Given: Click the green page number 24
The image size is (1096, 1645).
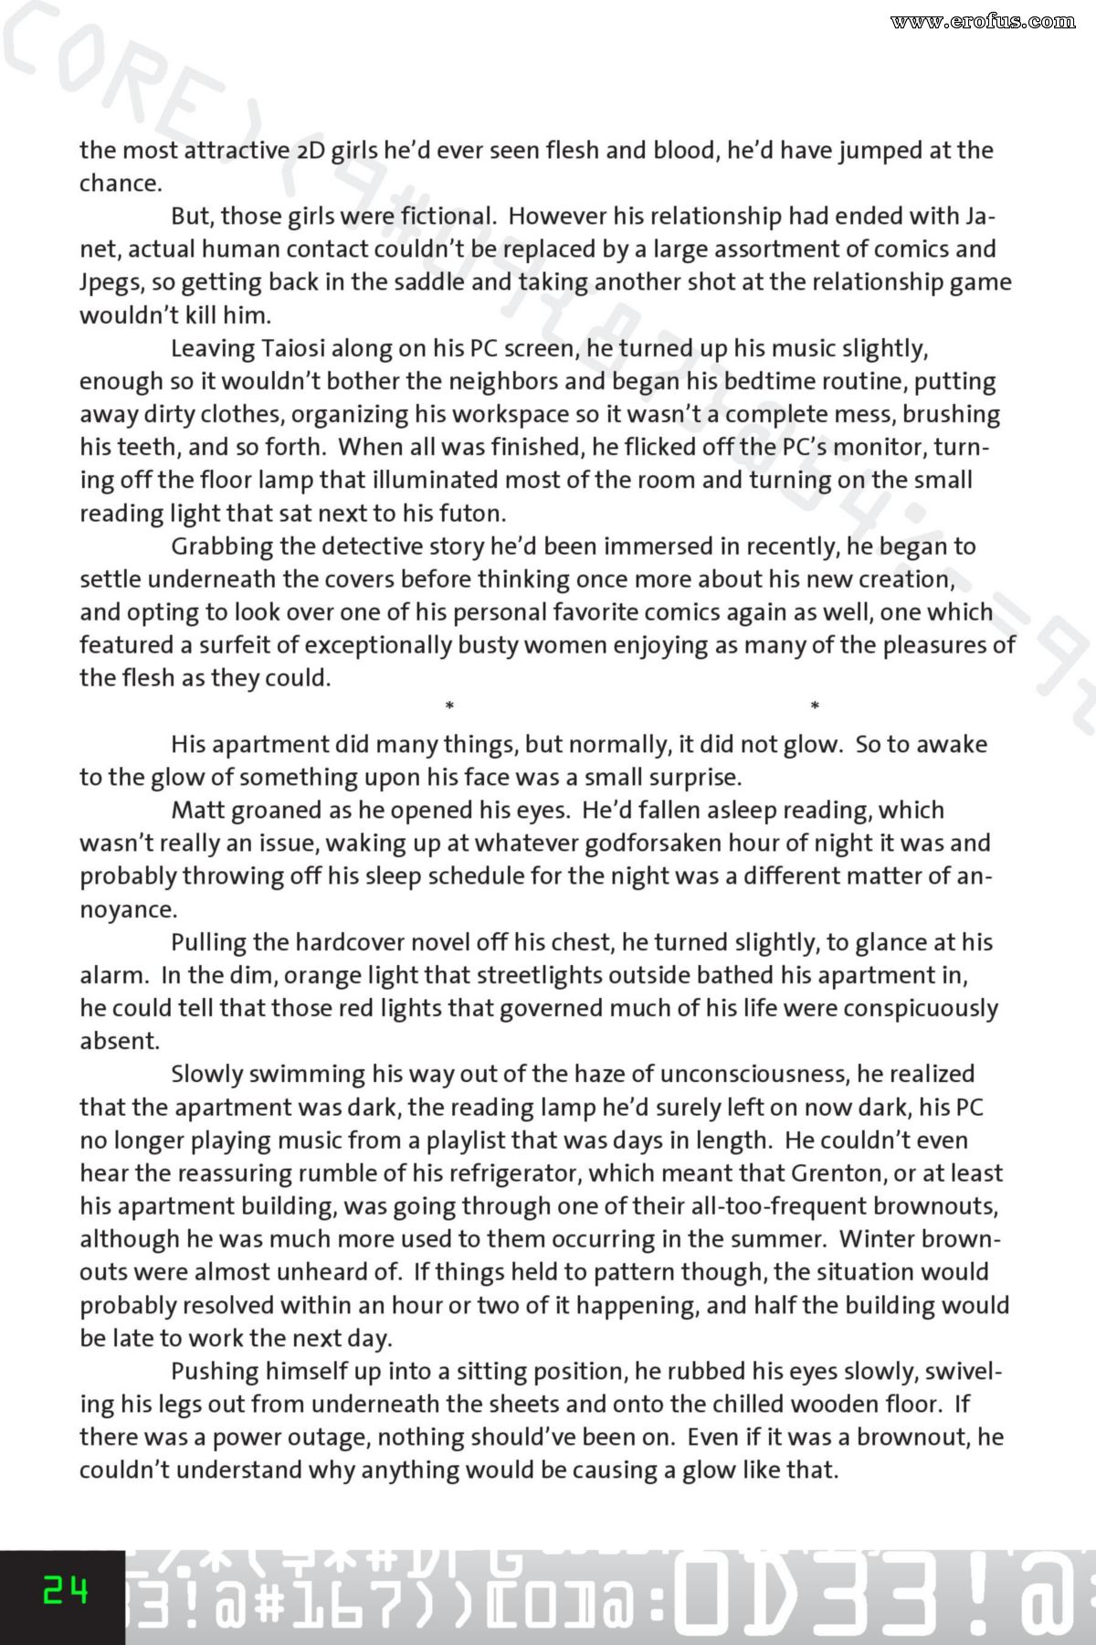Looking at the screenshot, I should tap(66, 1591).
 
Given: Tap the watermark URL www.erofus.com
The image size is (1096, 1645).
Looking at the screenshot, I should tap(983, 21).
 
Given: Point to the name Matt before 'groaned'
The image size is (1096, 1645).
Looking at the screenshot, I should tap(199, 810).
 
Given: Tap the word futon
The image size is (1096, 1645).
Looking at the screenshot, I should tap(470, 513).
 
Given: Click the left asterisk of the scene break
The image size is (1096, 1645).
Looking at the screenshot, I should tap(449, 706).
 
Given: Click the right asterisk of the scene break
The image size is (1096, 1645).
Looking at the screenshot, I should tap(815, 706).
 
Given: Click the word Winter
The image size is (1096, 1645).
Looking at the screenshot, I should tap(878, 1238).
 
